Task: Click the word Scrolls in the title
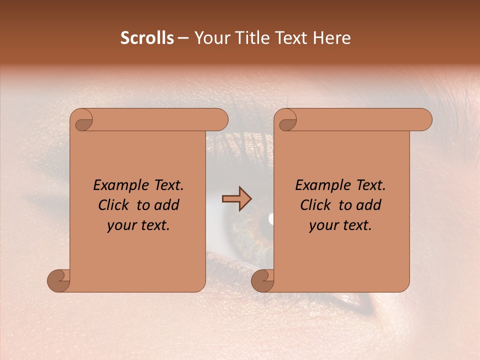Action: tap(147, 38)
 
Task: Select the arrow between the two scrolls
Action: tap(236, 199)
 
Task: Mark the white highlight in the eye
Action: tap(271, 218)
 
